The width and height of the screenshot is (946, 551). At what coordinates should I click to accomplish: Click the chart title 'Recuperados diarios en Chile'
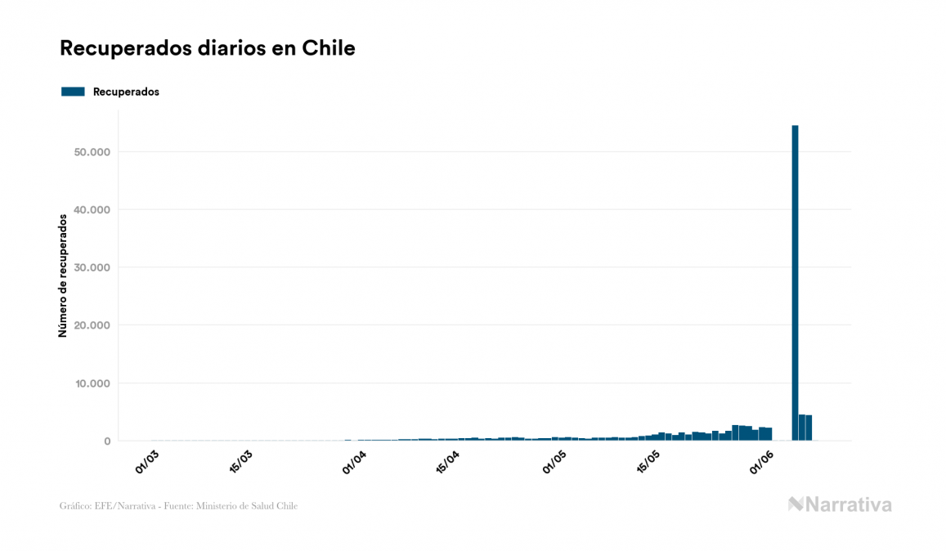(x=207, y=48)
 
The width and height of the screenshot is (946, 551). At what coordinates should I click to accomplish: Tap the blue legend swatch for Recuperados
(x=73, y=92)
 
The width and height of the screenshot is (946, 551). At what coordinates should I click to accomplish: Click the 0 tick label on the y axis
(x=106, y=441)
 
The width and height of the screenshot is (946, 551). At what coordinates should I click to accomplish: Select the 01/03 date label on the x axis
(x=148, y=460)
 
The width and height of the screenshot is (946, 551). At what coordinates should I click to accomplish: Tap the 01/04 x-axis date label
(x=354, y=461)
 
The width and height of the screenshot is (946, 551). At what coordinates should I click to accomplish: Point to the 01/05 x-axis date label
(x=555, y=461)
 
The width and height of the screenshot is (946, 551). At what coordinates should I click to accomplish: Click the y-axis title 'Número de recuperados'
(x=63, y=275)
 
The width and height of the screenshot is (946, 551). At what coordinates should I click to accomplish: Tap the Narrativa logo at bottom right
(x=840, y=504)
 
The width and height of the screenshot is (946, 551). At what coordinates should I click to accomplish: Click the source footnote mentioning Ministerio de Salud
(x=178, y=506)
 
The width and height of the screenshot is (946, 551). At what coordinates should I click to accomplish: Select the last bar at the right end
(x=809, y=428)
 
